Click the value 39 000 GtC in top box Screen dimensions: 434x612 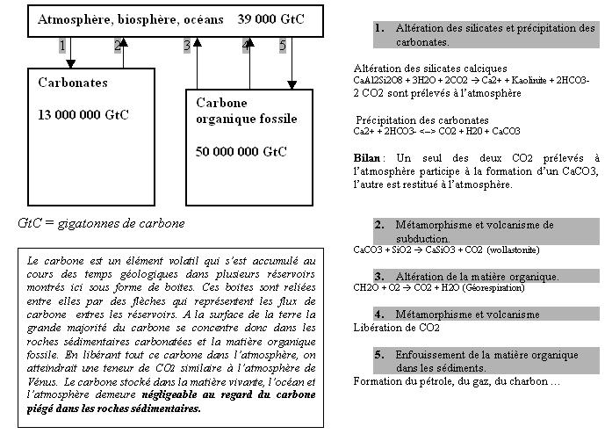(x=271, y=18)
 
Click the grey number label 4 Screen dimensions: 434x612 (x=245, y=45)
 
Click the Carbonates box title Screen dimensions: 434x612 (x=73, y=83)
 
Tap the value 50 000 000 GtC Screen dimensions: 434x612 (x=241, y=151)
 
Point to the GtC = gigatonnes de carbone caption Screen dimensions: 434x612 (x=102, y=223)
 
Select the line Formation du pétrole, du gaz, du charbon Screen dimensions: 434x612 (x=457, y=381)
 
